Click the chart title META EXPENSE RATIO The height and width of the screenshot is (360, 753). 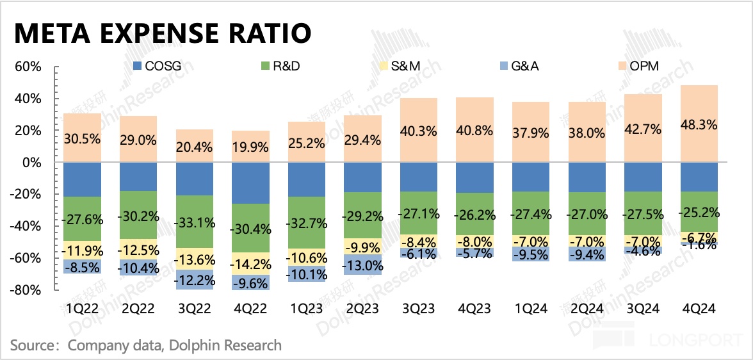tap(163, 33)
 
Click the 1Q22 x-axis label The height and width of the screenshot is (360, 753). tap(82, 308)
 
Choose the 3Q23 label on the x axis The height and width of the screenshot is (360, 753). tap(419, 308)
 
